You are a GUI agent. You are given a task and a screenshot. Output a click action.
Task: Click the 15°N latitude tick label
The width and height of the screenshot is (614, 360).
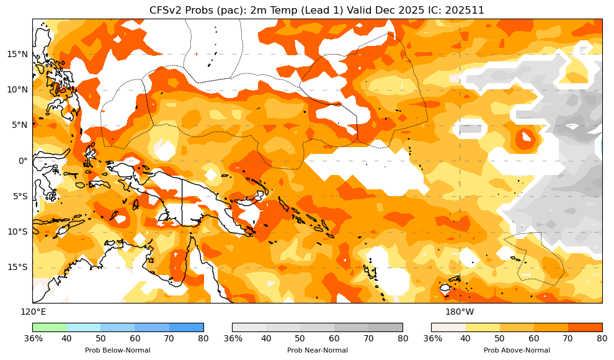coord(17,54)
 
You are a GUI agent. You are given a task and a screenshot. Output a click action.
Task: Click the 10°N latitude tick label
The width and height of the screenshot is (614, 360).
coord(17,89)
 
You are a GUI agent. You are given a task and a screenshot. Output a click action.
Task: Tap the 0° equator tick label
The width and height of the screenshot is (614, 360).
coord(24,161)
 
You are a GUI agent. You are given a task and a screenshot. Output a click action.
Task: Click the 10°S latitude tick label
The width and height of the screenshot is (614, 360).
coord(17,232)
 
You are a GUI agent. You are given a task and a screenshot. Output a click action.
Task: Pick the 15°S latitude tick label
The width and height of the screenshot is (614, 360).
coord(17,267)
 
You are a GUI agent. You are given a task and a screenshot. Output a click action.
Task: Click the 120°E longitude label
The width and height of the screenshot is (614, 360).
coord(33,312)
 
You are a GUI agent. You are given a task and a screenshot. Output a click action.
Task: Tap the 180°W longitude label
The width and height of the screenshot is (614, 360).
coord(460,312)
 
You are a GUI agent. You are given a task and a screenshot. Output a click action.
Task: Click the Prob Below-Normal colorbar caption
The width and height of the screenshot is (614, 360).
coord(117,351)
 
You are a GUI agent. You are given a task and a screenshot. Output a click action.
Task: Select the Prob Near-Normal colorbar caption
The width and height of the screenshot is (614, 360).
coord(317,351)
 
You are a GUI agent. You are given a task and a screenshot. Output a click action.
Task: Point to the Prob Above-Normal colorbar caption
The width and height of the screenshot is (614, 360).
coord(517,351)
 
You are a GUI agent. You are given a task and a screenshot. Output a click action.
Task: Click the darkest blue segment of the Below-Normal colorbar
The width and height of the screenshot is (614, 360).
coord(186,327)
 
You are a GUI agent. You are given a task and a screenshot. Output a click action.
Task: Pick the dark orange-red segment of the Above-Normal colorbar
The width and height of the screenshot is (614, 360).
coord(585,327)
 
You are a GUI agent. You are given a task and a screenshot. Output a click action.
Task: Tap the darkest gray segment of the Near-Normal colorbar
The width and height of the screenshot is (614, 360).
coord(385,327)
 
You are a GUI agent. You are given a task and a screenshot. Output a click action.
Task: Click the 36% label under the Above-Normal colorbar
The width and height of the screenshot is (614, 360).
coord(432,338)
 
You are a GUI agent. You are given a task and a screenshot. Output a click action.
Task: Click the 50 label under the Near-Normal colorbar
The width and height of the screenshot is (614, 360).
coord(300,338)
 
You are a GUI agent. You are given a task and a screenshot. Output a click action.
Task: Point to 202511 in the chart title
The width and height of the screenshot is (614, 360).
coord(465,10)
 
